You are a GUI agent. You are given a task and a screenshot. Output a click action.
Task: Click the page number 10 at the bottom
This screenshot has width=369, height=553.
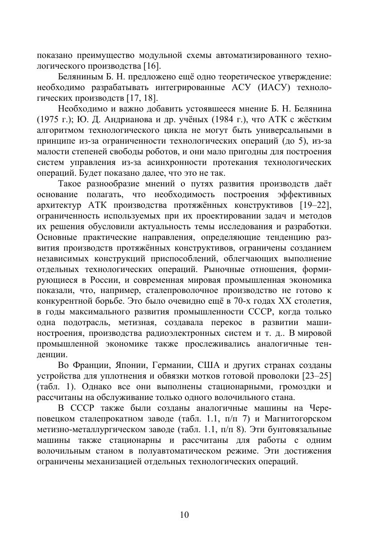point(184,515)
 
